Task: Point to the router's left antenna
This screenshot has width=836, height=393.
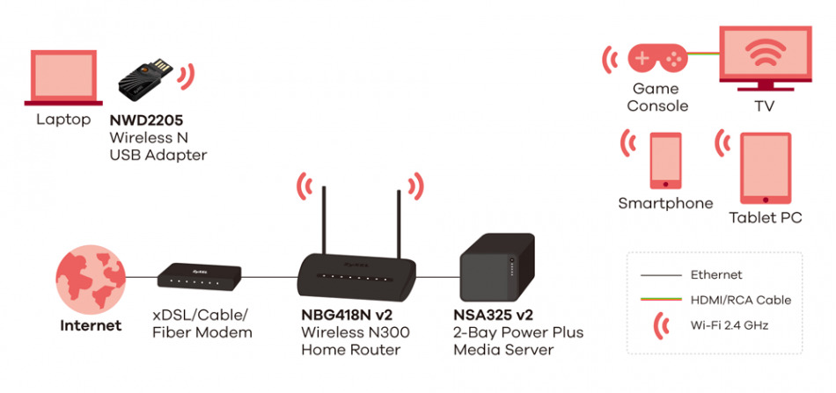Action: pos(323,220)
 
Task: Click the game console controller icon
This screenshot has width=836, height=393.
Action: pos(656,59)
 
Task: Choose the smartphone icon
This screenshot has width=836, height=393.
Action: pos(665,160)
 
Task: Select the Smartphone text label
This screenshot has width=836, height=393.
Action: pos(665,203)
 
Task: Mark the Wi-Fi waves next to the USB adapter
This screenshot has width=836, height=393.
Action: pos(187,76)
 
